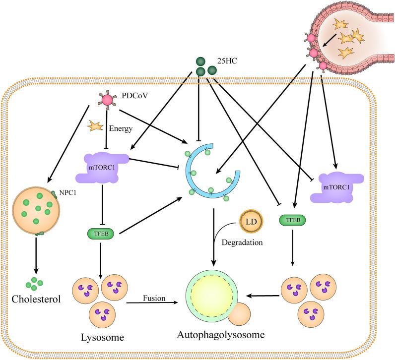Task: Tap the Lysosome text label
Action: (x=102, y=338)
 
